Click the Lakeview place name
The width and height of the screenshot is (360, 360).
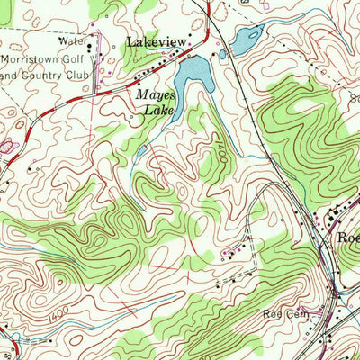click(x=157, y=42)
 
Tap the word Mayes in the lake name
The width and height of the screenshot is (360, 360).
click(x=154, y=96)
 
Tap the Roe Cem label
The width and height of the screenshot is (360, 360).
click(x=279, y=314)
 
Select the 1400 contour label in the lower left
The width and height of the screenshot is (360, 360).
click(x=57, y=308)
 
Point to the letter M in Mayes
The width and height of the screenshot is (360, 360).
click(x=139, y=96)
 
